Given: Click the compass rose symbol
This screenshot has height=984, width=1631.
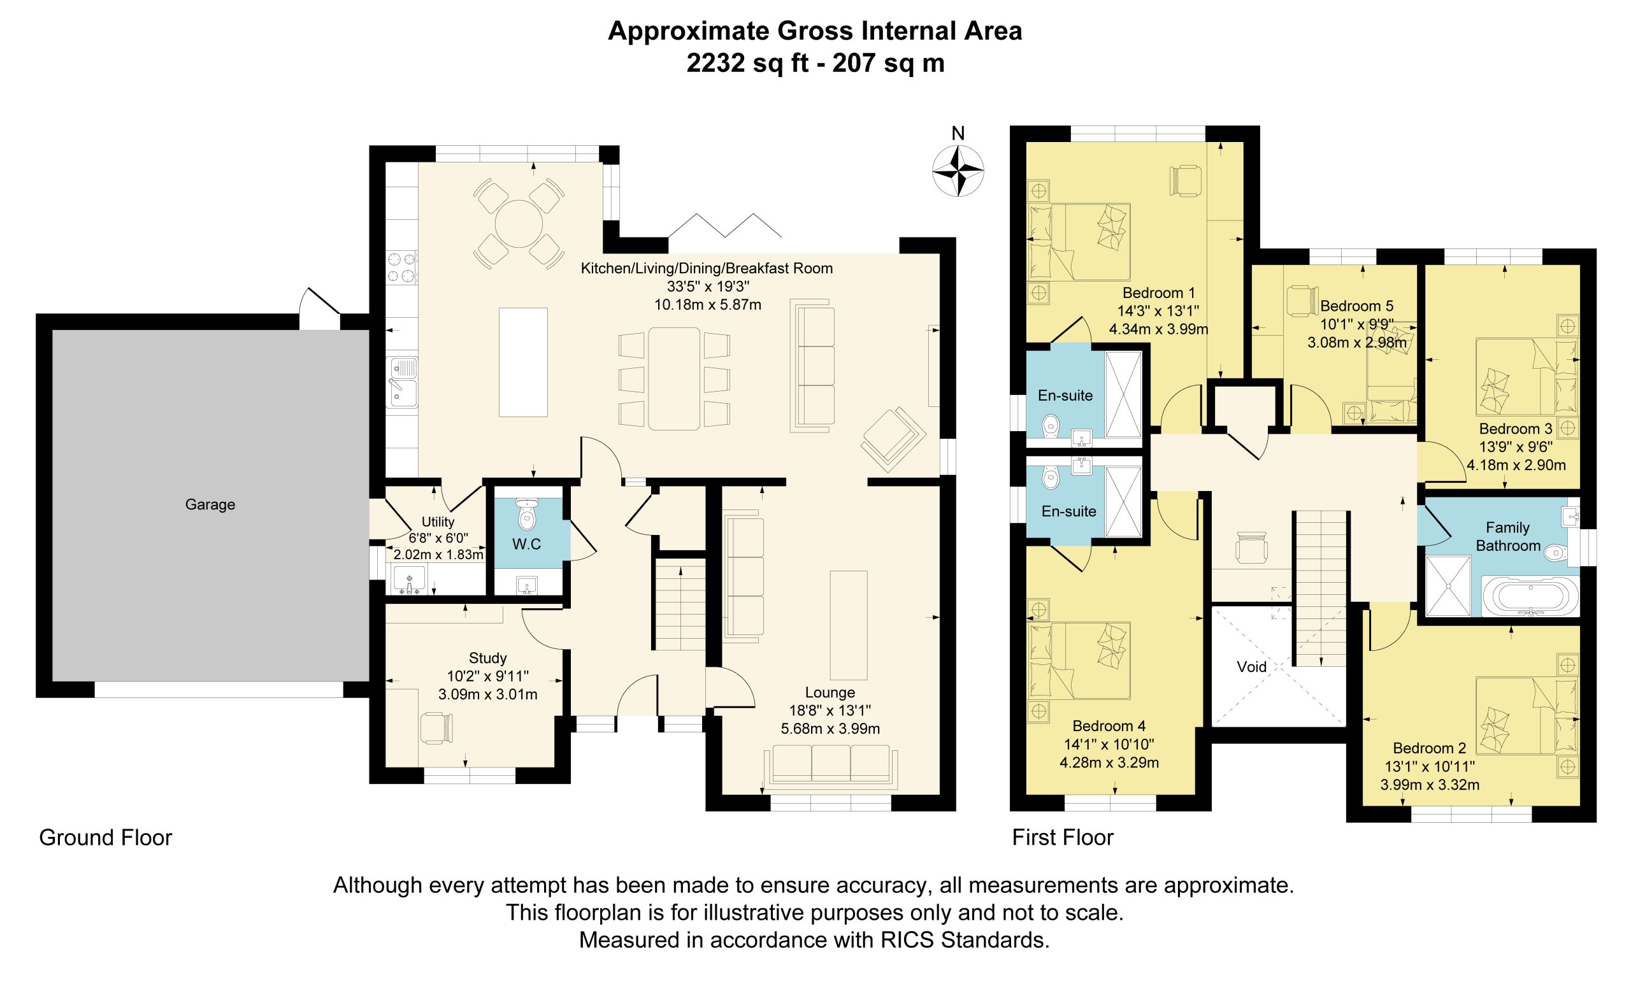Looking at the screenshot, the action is [x=957, y=171].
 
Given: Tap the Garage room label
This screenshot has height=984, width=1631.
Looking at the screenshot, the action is [x=210, y=504].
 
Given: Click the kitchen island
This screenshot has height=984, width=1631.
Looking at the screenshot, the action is [x=523, y=362].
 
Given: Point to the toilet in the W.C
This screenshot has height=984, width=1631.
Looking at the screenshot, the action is [x=527, y=514].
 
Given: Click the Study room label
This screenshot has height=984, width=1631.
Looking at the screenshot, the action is [x=488, y=658].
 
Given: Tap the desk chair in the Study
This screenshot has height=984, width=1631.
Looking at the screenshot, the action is [x=438, y=727].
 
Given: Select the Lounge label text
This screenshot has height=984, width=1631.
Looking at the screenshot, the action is [x=830, y=692].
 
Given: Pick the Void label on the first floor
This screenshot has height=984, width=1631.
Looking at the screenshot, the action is [x=1252, y=666].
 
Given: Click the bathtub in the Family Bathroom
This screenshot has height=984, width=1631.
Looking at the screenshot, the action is [x=1530, y=595].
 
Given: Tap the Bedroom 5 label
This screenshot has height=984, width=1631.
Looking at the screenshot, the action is [x=1357, y=306].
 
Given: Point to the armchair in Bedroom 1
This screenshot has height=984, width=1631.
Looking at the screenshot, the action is [x=1186, y=180].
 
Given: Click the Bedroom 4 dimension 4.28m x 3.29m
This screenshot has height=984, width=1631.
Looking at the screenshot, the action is [x=1109, y=762].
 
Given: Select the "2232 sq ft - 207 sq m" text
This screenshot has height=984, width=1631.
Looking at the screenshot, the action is [x=815, y=63].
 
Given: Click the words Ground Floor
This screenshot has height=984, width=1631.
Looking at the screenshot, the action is [x=106, y=838].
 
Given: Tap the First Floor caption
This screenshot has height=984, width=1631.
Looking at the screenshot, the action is [x=1063, y=838].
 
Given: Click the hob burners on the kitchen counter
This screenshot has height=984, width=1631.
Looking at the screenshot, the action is [x=402, y=267].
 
